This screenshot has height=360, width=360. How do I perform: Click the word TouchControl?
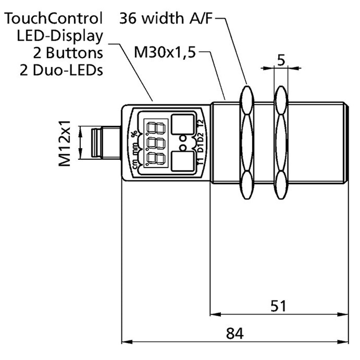pyautogui.click(x=54, y=18)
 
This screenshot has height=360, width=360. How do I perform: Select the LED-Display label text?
pyautogui.click(x=65, y=36)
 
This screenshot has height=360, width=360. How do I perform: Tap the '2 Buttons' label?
pyautogui.click(x=68, y=53)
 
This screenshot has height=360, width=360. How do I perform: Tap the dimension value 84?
pyautogui.click(x=234, y=333)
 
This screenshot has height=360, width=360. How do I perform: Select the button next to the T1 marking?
pyautogui.click(x=181, y=163)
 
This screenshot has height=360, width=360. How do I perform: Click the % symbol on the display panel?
pyautogui.click(x=134, y=132)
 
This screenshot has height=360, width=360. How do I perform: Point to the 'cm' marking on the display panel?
pyautogui.click(x=134, y=165)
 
